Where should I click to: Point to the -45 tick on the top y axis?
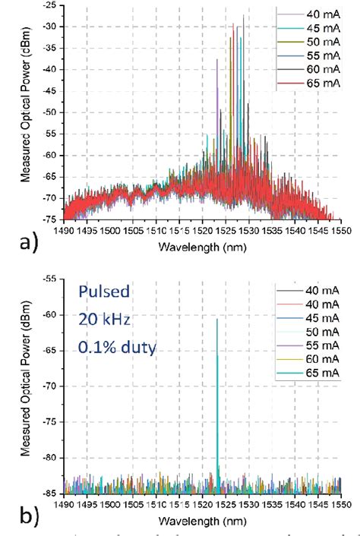(x=50, y=90)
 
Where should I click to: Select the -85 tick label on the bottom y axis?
(x=50, y=493)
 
